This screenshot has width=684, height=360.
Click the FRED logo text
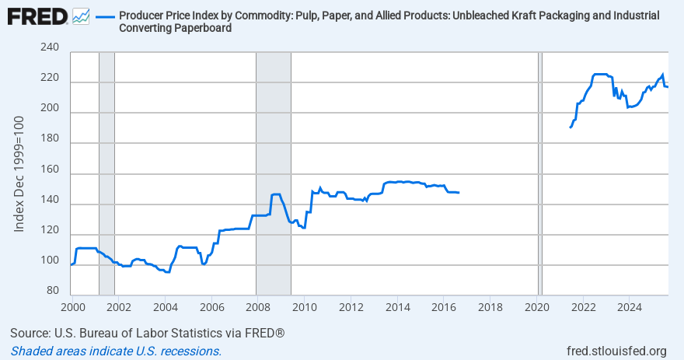click(36, 16)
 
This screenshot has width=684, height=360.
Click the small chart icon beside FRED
click(80, 16)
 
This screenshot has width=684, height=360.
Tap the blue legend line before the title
click(104, 16)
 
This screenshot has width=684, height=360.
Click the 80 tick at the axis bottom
click(52, 291)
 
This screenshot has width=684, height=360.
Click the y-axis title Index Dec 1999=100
click(20, 173)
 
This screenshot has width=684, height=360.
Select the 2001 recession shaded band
click(106, 171)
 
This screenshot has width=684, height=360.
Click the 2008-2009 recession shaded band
click(274, 171)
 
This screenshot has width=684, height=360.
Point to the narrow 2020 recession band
click(540, 171)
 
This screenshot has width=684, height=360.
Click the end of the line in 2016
click(459, 192)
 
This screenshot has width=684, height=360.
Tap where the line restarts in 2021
click(571, 127)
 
